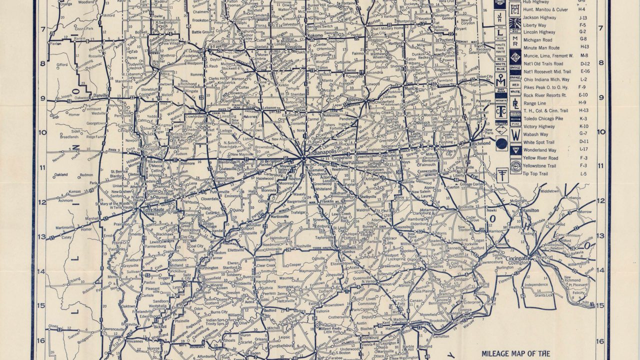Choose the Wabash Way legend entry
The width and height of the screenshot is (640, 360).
pyautogui.click(x=535, y=134)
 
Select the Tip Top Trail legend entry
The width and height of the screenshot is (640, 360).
pyautogui.click(x=535, y=173)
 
